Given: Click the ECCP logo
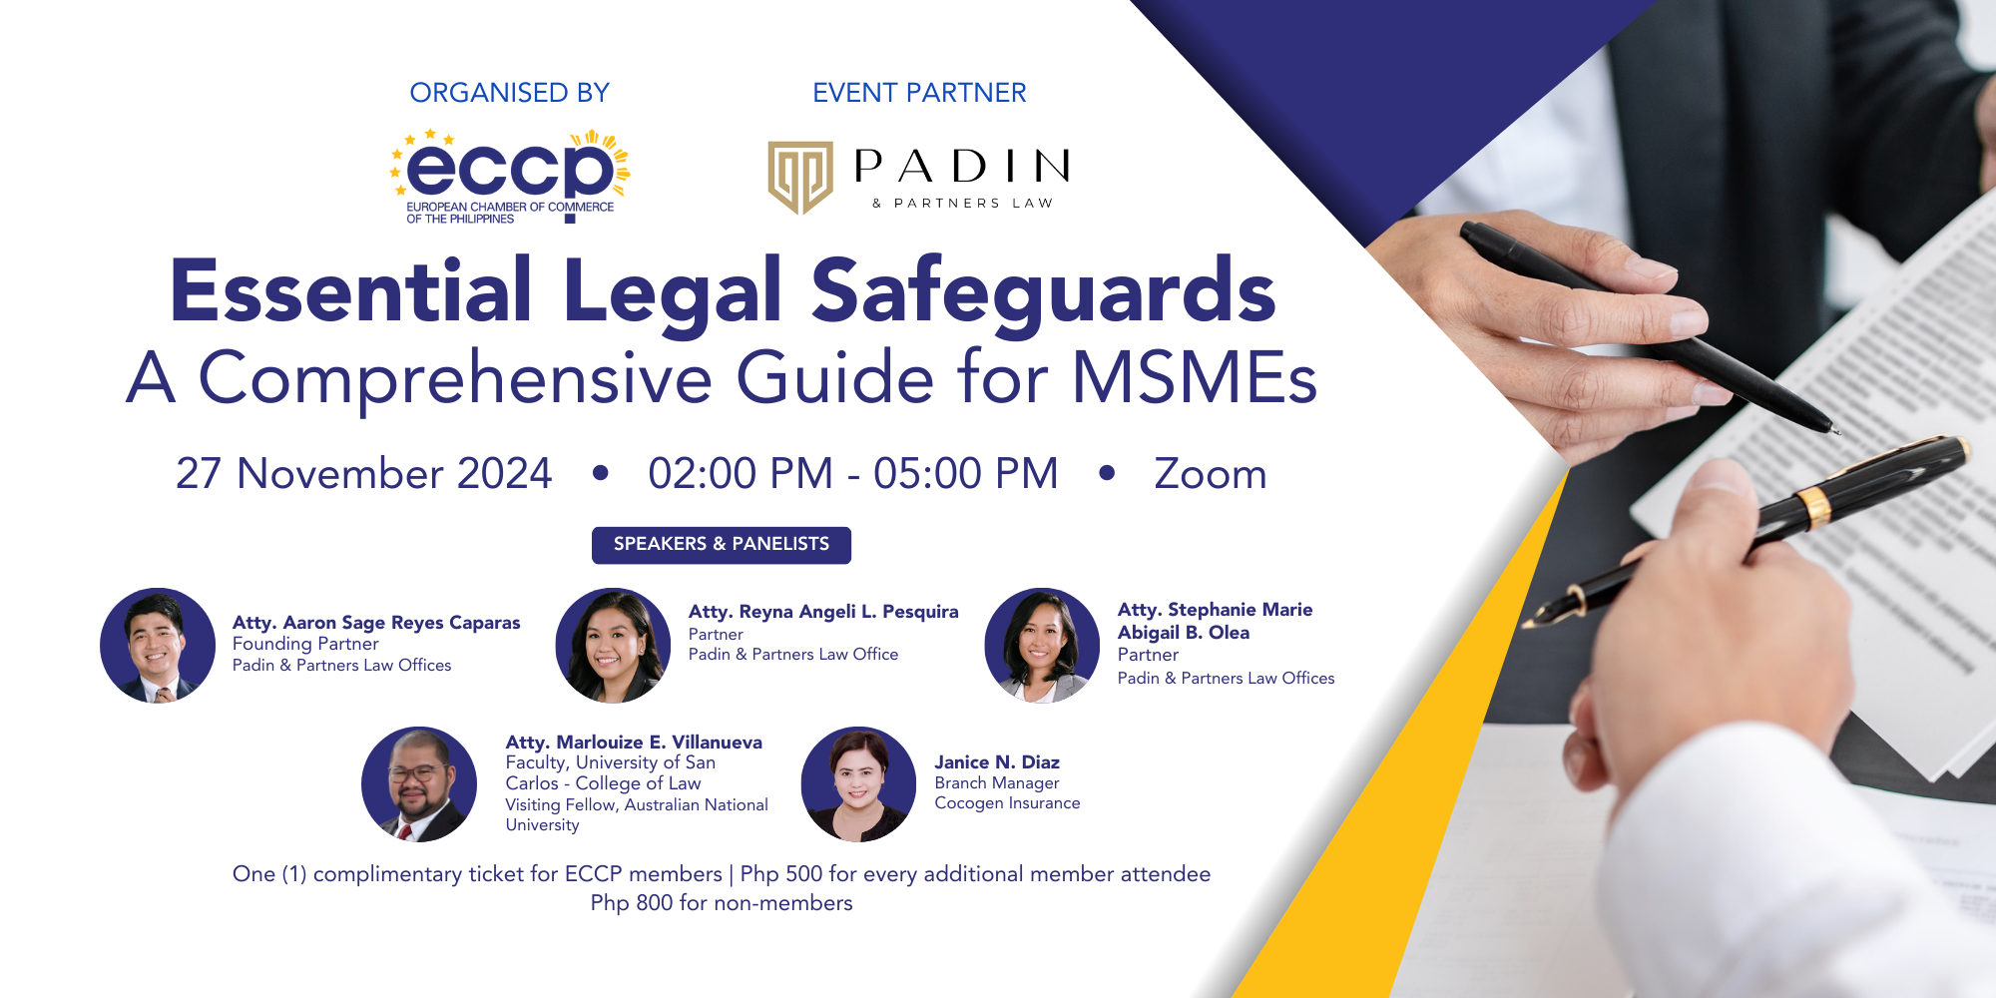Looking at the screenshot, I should tap(510, 175).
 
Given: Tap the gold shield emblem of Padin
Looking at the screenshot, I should tap(799, 177).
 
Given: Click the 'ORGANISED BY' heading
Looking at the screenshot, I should tap(509, 93).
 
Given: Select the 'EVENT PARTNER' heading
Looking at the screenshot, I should tap(919, 93).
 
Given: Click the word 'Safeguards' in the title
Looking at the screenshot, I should tap(1043, 291).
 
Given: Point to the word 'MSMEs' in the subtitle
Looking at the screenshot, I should tap(1194, 379).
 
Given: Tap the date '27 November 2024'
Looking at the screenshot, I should tap(363, 473).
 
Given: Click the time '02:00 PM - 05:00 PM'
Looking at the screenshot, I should tap(853, 473).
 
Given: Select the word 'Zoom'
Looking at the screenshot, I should tap(1210, 473).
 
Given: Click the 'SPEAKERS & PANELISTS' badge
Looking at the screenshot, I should tap(721, 545).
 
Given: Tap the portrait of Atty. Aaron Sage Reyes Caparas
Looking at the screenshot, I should tap(158, 646).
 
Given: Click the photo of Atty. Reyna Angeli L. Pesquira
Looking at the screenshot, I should tap(613, 646).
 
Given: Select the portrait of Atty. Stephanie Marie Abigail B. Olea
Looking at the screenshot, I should tap(1042, 646).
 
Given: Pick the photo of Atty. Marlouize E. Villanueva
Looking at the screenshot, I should tap(419, 784).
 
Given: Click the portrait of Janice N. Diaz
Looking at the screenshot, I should tap(858, 784).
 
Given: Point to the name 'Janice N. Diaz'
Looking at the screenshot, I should tap(997, 762).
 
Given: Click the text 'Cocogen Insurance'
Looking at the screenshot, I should tap(1007, 803).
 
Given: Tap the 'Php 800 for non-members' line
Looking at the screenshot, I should tap(721, 903).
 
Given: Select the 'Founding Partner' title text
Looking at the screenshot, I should tap(305, 644).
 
